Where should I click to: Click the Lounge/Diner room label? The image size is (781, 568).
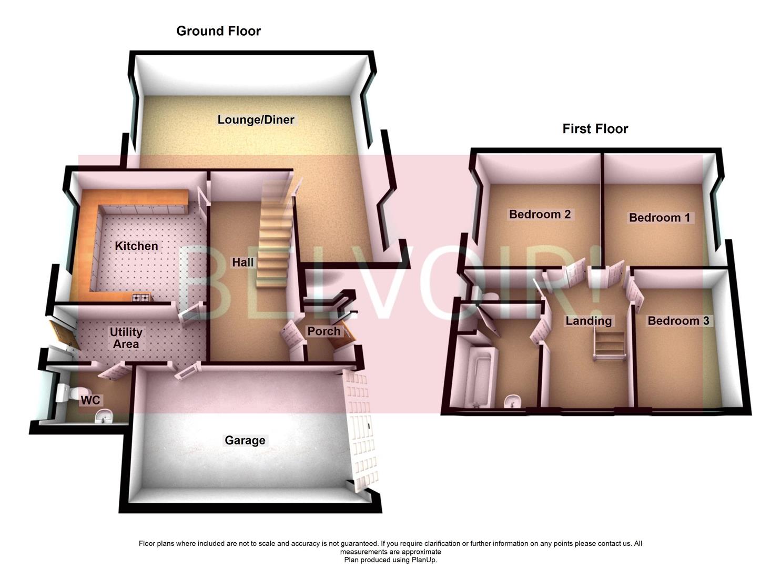click(256, 120)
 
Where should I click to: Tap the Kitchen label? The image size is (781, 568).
click(136, 246)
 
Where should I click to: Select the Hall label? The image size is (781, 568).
click(243, 262)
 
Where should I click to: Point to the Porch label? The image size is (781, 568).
click(323, 331)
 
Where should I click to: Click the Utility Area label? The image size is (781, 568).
click(125, 338)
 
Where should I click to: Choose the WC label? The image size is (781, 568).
click(90, 401)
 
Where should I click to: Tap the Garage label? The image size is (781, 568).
click(245, 440)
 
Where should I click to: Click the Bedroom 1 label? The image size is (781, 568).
click(659, 218)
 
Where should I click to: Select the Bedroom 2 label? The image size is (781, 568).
click(540, 215)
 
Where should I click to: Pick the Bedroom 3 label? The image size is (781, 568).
click(678, 321)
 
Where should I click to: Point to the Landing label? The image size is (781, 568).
click(589, 321)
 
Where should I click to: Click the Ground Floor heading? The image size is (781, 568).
click(218, 31)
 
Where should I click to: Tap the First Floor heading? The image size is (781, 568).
click(595, 129)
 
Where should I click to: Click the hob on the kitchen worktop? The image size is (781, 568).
click(141, 298)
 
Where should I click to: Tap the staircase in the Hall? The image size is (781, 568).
click(273, 237)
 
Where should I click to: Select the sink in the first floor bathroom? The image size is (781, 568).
click(512, 402)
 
